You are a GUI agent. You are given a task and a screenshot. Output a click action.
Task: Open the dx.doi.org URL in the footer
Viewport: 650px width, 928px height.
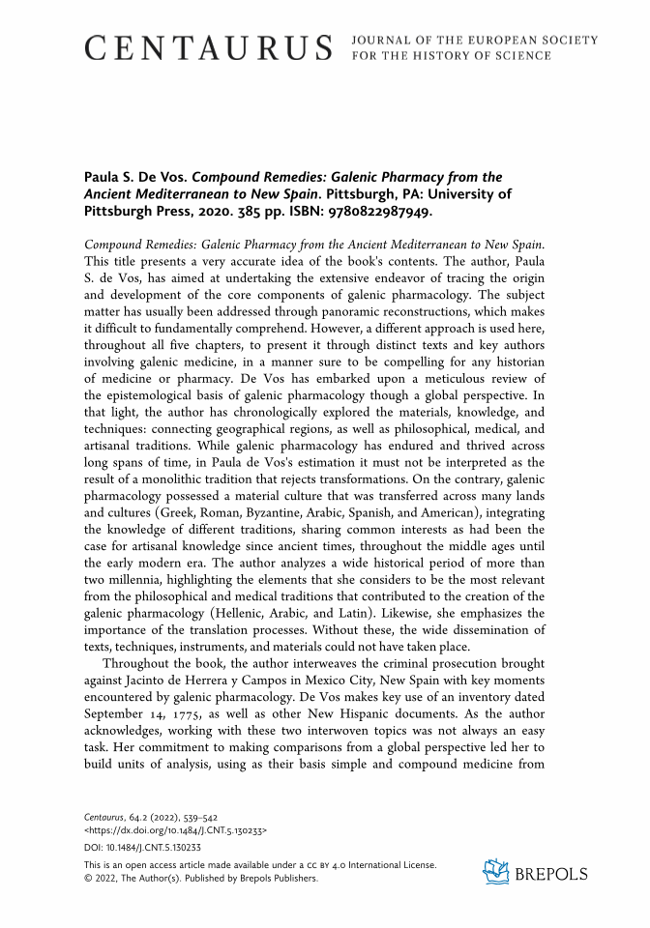(176, 829)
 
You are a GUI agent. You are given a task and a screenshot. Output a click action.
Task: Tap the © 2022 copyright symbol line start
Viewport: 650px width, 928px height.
(89, 879)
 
